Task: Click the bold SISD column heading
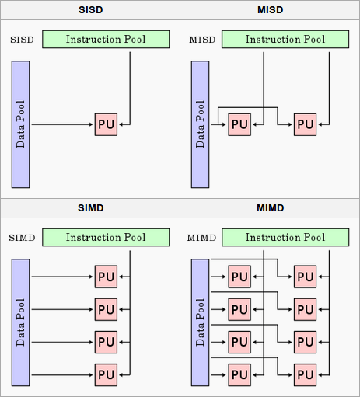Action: (91, 10)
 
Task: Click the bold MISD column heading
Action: (270, 10)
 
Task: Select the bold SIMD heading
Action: (91, 208)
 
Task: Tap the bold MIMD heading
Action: (270, 208)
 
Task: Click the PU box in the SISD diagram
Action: (106, 124)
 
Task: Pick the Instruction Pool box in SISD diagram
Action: (106, 40)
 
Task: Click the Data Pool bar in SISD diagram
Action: (21, 124)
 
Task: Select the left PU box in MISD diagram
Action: (239, 124)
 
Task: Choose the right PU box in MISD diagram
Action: (305, 124)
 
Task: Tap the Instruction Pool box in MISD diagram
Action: (285, 40)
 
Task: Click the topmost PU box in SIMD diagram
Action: (106, 277)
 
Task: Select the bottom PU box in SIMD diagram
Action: (106, 374)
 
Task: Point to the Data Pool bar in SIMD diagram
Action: (21, 322)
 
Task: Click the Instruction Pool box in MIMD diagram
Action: (285, 237)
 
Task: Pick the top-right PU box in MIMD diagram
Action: (305, 277)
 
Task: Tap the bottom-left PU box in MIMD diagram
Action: (239, 374)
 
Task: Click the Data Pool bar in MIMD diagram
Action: (201, 322)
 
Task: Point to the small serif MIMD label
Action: (201, 238)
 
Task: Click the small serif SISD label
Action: (22, 40)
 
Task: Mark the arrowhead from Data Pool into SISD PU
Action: (91, 124)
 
